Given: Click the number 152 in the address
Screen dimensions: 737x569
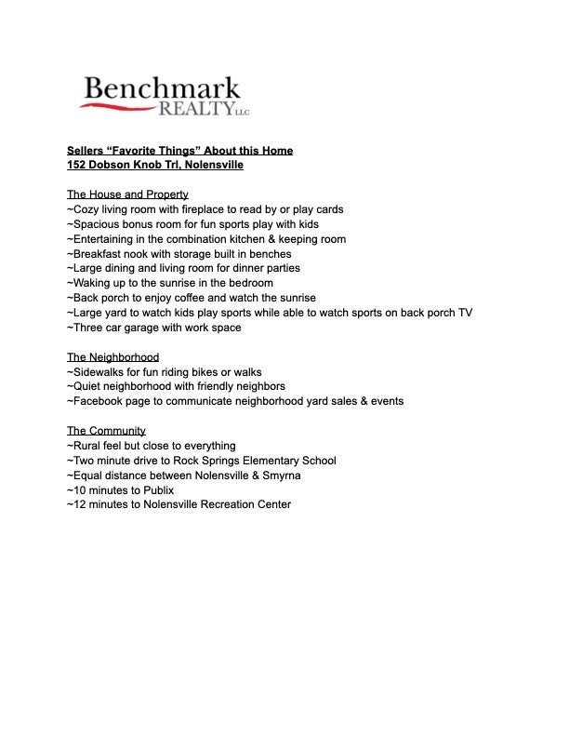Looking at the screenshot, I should (77, 165).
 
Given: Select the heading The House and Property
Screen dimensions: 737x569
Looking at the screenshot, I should (127, 194).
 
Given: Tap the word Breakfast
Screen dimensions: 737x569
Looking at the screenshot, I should (96, 254).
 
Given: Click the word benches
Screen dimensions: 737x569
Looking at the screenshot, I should (271, 254).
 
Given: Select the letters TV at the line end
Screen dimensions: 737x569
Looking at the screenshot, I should (465, 313).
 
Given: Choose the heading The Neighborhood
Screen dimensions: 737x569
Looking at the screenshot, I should (112, 357).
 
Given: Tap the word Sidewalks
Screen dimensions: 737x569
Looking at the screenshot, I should (98, 372).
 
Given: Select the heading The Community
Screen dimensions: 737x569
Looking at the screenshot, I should (106, 431).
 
